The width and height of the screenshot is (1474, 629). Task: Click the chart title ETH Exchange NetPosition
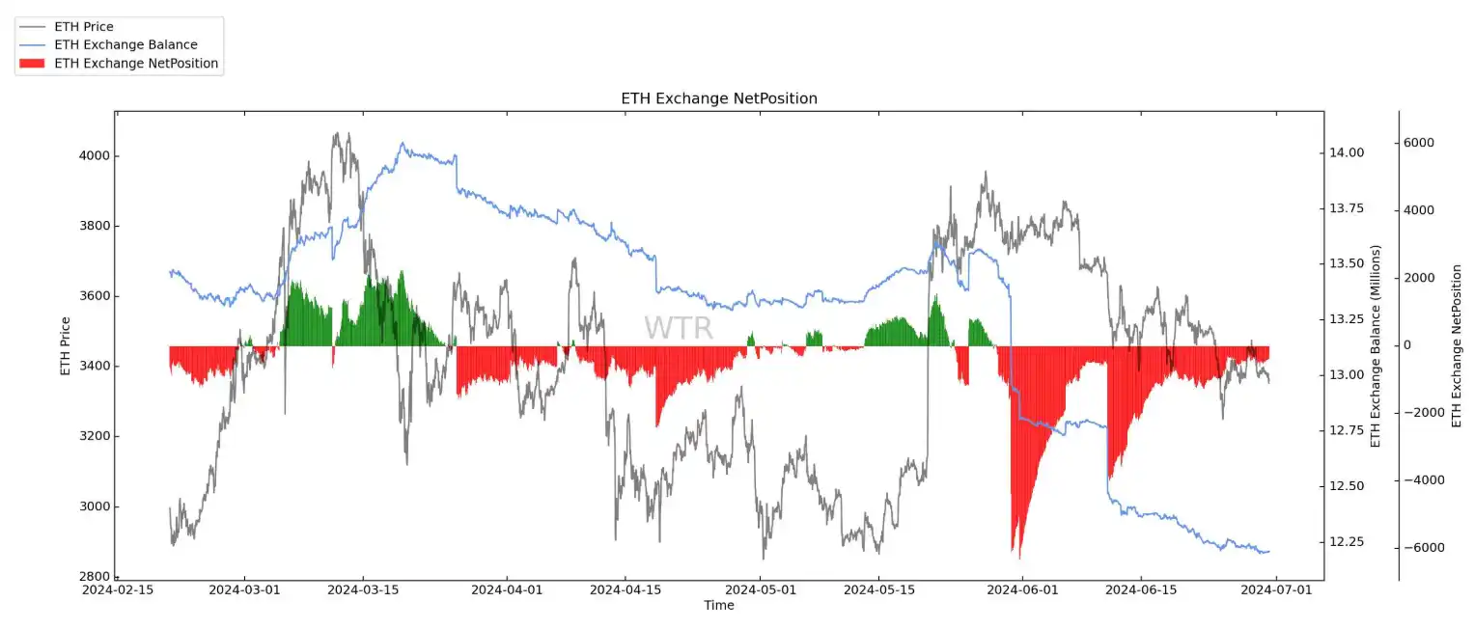pos(718,98)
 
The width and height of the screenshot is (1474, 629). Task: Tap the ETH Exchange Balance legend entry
pos(125,45)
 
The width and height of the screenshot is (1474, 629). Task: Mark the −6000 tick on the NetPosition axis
pos(1418,548)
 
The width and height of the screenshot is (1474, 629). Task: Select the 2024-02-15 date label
pos(118,588)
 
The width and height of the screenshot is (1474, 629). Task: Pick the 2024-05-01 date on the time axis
pos(762,588)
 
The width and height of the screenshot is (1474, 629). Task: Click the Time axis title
pos(718,606)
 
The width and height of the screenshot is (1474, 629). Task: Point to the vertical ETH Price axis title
pos(66,345)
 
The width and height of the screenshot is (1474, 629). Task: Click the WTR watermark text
pos(679,328)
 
